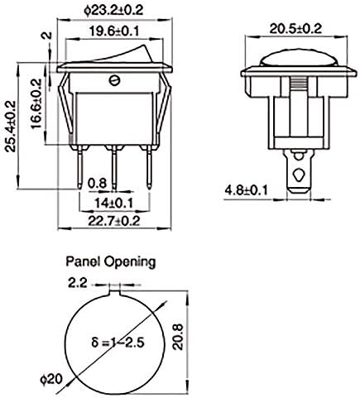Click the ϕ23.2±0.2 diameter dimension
tap(113, 11)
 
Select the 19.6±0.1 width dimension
tap(114, 31)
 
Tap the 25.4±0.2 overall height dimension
tap(10, 126)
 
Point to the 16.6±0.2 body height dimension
tap(36, 104)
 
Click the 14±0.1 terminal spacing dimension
tap(113, 204)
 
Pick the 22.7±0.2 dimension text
tap(114, 221)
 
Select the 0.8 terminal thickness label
tap(97, 183)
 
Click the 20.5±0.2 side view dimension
tap(295, 29)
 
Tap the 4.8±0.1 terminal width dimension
tap(247, 190)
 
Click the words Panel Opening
tap(111, 261)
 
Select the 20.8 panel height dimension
tap(178, 337)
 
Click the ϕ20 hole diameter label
tap(51, 379)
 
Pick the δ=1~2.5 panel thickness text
tap(118, 343)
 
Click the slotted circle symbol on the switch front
tap(114, 80)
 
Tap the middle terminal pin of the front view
tap(114, 169)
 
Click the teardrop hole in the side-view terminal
tap(299, 175)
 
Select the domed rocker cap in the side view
tap(299, 59)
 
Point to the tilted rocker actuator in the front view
tap(122, 55)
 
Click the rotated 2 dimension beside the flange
tap(48, 36)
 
